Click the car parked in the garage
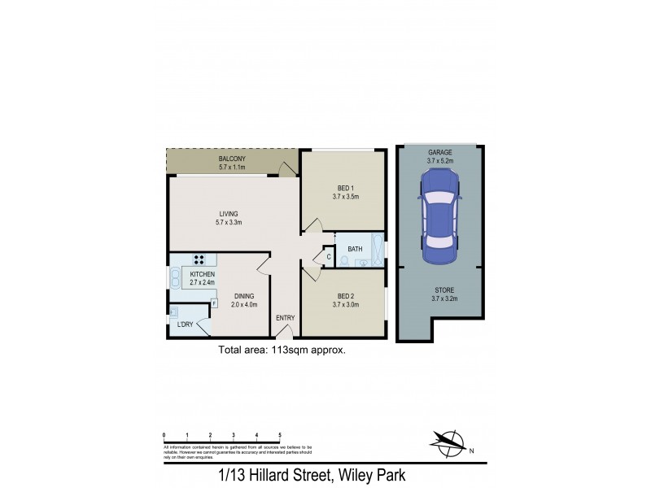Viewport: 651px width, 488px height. pos(439,220)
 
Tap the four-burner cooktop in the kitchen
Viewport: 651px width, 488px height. pos(199,260)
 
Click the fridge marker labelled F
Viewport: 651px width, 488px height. pos(214,303)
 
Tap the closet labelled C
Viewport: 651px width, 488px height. pos(329,259)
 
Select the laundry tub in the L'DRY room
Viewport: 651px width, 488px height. pos(175,312)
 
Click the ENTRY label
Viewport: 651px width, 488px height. pos(286,318)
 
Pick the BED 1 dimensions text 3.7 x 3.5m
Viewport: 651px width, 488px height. pos(345,196)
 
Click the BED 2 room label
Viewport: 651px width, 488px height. pos(345,296)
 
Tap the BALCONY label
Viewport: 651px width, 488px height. pos(233,159)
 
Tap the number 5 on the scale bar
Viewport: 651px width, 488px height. pos(280,436)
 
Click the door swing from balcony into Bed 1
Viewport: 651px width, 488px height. pos(285,169)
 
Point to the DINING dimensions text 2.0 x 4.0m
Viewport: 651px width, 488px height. pos(244,305)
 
